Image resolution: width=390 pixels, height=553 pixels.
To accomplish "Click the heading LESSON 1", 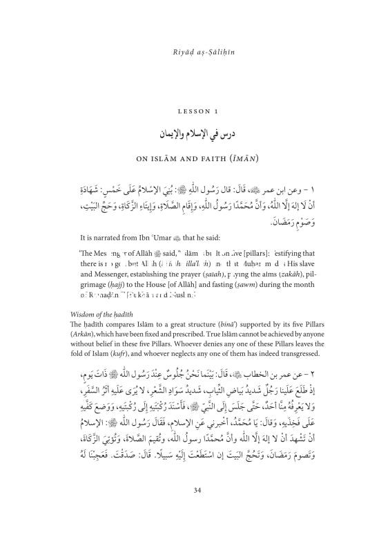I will tap(195, 110).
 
